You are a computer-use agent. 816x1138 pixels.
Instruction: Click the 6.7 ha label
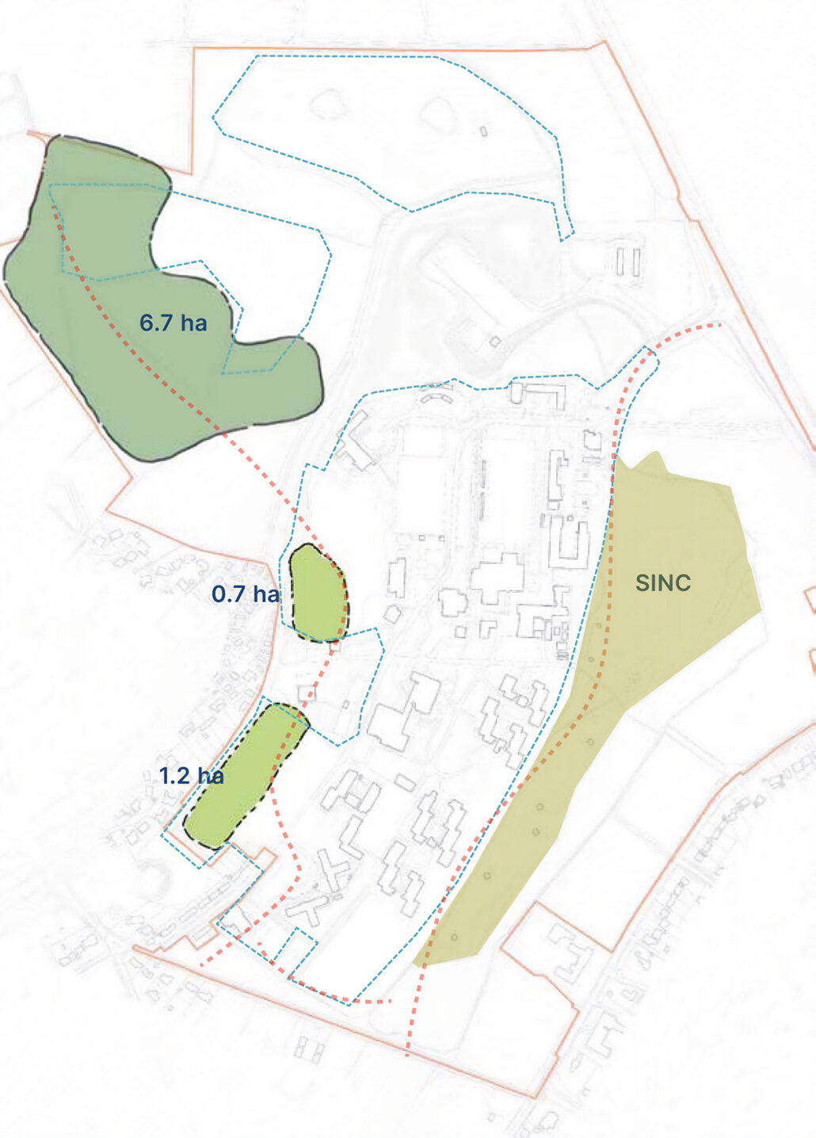tap(173, 323)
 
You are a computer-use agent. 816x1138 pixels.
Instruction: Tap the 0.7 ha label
tap(245, 594)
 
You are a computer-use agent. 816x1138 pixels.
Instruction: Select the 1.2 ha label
tap(191, 776)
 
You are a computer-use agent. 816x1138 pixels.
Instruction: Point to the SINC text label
tap(663, 583)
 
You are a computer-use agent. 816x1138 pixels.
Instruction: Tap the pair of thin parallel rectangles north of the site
tap(627, 262)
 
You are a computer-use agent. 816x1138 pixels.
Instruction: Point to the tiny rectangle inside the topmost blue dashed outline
tap(483, 132)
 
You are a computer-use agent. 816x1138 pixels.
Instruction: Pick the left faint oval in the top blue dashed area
tap(326, 104)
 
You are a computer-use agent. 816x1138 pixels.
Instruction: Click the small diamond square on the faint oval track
tap(495, 342)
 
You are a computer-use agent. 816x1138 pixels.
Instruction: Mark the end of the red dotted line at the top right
tap(719, 325)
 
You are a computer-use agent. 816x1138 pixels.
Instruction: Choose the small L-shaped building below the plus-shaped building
tap(487, 628)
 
